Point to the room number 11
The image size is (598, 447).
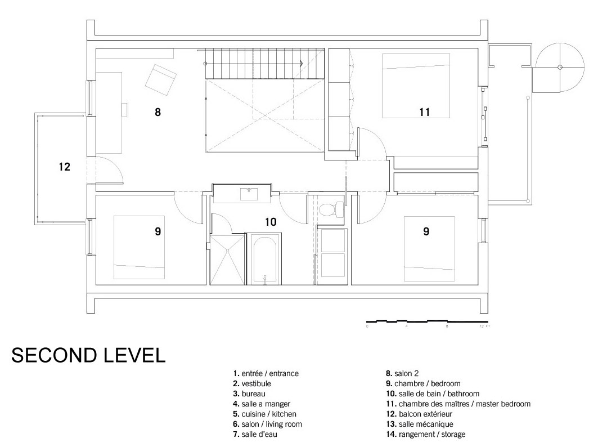pyautogui.click(x=424, y=112)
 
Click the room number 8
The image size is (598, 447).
pyautogui.click(x=158, y=112)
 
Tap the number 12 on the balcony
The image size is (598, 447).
pyautogui.click(x=65, y=167)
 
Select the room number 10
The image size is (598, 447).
pyautogui.click(x=271, y=222)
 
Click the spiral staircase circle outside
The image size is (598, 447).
pyautogui.click(x=559, y=68)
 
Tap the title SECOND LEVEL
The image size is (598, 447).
pyautogui.click(x=88, y=355)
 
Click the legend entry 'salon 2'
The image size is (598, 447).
pyautogui.click(x=402, y=373)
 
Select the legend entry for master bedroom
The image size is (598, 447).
pyautogui.click(x=457, y=404)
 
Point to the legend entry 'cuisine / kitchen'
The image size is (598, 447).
pyautogui.click(x=264, y=414)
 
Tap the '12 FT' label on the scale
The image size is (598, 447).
pyautogui.click(x=485, y=327)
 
